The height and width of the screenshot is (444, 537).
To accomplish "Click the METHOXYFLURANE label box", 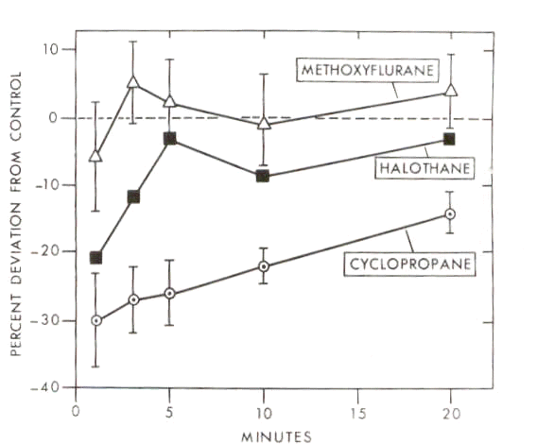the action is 368,71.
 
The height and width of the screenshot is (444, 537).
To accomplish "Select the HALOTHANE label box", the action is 424,168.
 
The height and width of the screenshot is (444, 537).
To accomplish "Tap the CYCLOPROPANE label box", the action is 410,264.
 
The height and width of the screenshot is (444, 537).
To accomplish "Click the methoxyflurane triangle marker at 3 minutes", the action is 133,82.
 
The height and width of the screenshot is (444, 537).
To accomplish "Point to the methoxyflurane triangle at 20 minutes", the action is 451,90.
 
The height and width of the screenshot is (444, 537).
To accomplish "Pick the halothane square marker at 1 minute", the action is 95,258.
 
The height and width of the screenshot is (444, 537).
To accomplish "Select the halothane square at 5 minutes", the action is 170,139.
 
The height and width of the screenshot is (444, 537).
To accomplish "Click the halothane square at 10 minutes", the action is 263,177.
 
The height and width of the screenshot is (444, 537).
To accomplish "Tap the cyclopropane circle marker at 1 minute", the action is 96,321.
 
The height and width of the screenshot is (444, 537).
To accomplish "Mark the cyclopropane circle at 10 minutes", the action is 264,266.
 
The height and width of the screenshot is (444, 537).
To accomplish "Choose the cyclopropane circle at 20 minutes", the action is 450,213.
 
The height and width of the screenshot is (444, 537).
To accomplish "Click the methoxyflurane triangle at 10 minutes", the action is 264,123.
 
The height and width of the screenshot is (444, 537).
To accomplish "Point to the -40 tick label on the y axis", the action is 44,388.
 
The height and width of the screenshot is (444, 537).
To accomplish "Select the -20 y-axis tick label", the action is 44,252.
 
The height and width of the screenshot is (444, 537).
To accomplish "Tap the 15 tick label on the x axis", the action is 358,414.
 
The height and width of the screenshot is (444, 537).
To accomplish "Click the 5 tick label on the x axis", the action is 169,413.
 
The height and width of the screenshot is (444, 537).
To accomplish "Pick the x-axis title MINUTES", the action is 277,436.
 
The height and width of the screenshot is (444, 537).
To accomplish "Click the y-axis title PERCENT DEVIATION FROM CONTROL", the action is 16,214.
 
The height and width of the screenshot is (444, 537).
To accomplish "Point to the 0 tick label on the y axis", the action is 52,118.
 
